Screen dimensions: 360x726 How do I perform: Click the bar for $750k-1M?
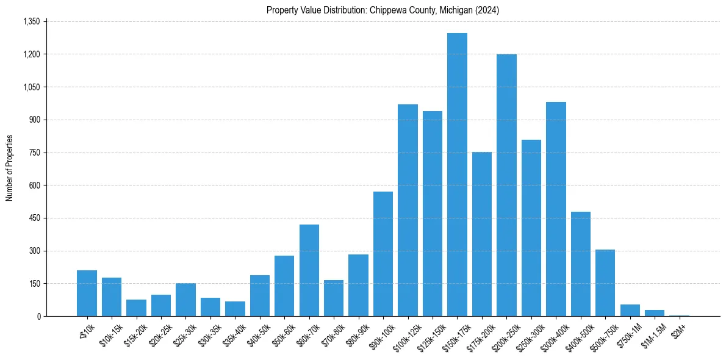pyautogui.click(x=630, y=310)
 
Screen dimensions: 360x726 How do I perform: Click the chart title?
pyautogui.click(x=383, y=10)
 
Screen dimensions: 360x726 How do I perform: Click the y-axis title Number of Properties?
pyautogui.click(x=10, y=168)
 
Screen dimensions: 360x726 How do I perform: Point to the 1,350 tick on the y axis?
pyautogui.click(x=31, y=21)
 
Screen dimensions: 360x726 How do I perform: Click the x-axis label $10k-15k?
pyautogui.click(x=109, y=333)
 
